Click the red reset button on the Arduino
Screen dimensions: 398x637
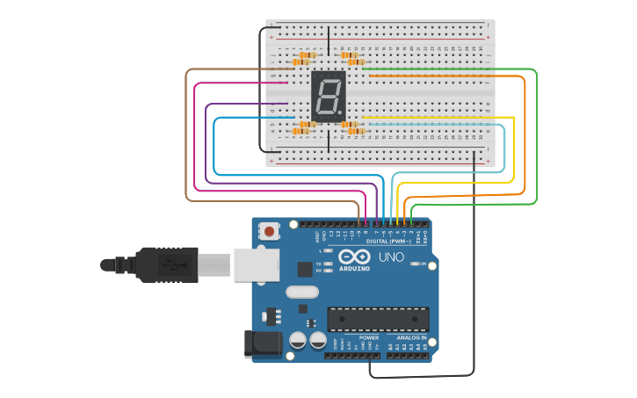point(269,231)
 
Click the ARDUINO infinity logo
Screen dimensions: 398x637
point(355,257)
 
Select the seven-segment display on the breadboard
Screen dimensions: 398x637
point(328,96)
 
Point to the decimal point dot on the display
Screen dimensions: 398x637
point(341,114)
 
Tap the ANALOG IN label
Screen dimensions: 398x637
point(410,337)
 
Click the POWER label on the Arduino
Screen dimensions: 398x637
point(369,337)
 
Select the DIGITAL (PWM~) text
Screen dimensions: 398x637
point(389,241)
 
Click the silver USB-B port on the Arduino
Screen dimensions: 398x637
point(256,264)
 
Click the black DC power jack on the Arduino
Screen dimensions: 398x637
point(262,344)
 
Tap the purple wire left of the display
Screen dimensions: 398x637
point(246,104)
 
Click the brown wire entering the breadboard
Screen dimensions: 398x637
point(228,69)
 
